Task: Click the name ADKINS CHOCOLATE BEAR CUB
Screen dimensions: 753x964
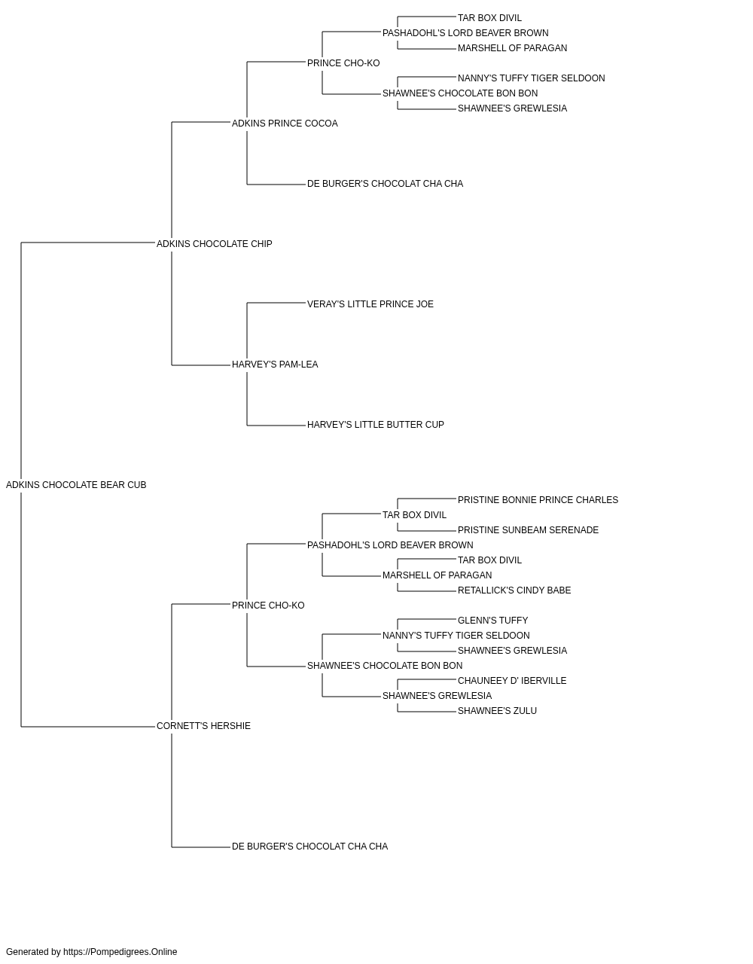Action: click(76, 485)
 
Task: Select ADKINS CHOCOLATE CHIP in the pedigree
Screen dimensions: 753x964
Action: click(214, 243)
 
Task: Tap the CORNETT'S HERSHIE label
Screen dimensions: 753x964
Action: click(203, 726)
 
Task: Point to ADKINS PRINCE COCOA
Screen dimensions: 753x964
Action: click(285, 124)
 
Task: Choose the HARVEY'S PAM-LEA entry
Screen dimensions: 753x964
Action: click(275, 365)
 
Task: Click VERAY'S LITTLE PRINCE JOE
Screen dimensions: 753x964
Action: click(370, 304)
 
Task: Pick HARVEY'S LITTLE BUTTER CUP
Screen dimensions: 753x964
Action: click(376, 425)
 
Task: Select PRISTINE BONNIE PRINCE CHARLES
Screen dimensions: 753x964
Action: click(538, 500)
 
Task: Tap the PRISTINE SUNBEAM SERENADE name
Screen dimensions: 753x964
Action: click(528, 530)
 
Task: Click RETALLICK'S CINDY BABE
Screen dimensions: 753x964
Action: click(514, 590)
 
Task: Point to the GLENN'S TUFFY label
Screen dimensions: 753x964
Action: click(492, 621)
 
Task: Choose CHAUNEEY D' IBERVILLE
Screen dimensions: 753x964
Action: click(512, 681)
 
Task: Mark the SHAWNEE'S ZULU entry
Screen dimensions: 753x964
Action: click(497, 711)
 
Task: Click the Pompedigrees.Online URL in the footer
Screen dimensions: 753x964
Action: click(120, 952)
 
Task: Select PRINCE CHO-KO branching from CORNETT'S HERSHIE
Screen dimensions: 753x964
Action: click(268, 606)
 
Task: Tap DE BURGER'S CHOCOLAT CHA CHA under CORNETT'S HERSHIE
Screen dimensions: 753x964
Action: click(310, 847)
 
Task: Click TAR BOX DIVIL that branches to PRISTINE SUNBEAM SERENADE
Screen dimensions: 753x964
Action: click(415, 515)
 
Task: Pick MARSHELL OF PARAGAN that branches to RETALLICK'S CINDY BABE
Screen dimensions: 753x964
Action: click(437, 575)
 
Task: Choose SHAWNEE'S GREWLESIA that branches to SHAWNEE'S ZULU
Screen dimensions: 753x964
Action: click(437, 696)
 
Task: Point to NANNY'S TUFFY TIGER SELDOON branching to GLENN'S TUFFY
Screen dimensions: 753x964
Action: click(456, 636)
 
